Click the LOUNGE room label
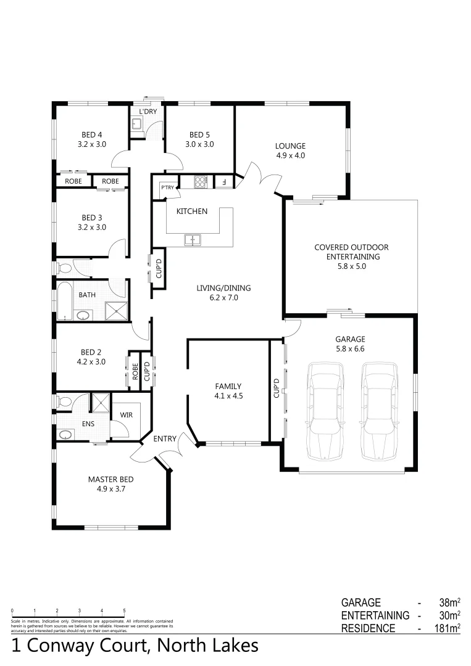click(290, 146)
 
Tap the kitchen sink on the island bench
click(193, 239)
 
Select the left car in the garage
click(326, 412)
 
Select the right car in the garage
click(378, 412)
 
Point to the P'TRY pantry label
click(166, 187)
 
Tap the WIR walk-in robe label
click(126, 415)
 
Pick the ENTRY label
click(165, 439)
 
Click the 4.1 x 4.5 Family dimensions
click(228, 397)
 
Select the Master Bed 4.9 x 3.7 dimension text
click(110, 489)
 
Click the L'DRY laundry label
click(148, 112)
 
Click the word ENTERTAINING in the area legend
click(375, 615)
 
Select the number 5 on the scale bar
click(124, 610)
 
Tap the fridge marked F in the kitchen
click(223, 182)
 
